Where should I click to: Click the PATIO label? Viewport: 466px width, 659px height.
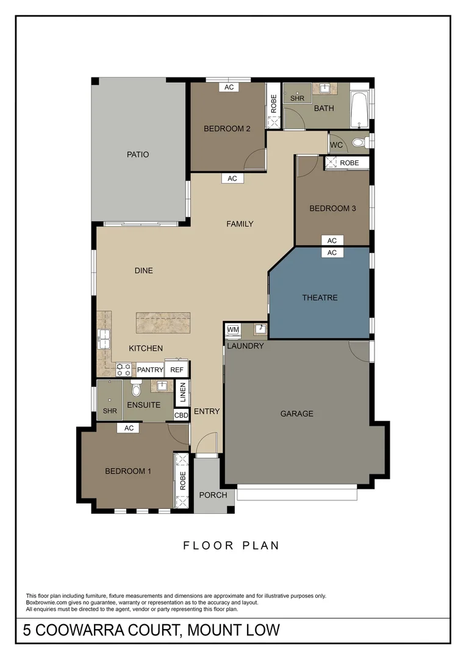coord(137,154)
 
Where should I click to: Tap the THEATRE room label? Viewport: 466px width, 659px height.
coord(320,298)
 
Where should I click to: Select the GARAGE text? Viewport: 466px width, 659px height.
coord(296,414)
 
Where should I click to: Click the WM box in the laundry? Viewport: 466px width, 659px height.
coord(233,329)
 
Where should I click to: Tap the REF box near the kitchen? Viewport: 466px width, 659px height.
coord(177,370)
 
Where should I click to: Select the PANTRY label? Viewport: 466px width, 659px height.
coord(149,370)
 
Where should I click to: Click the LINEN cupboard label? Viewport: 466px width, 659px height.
coord(182,394)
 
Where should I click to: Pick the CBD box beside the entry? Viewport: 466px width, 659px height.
coord(181,415)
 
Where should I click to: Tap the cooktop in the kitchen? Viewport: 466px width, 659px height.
coord(124,369)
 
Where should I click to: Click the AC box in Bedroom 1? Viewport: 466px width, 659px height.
coord(129,428)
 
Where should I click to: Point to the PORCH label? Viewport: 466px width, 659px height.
coord(213,495)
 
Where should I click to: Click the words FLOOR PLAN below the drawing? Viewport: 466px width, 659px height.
coord(231,546)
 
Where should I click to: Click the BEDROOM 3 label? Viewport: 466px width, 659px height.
coord(332,209)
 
